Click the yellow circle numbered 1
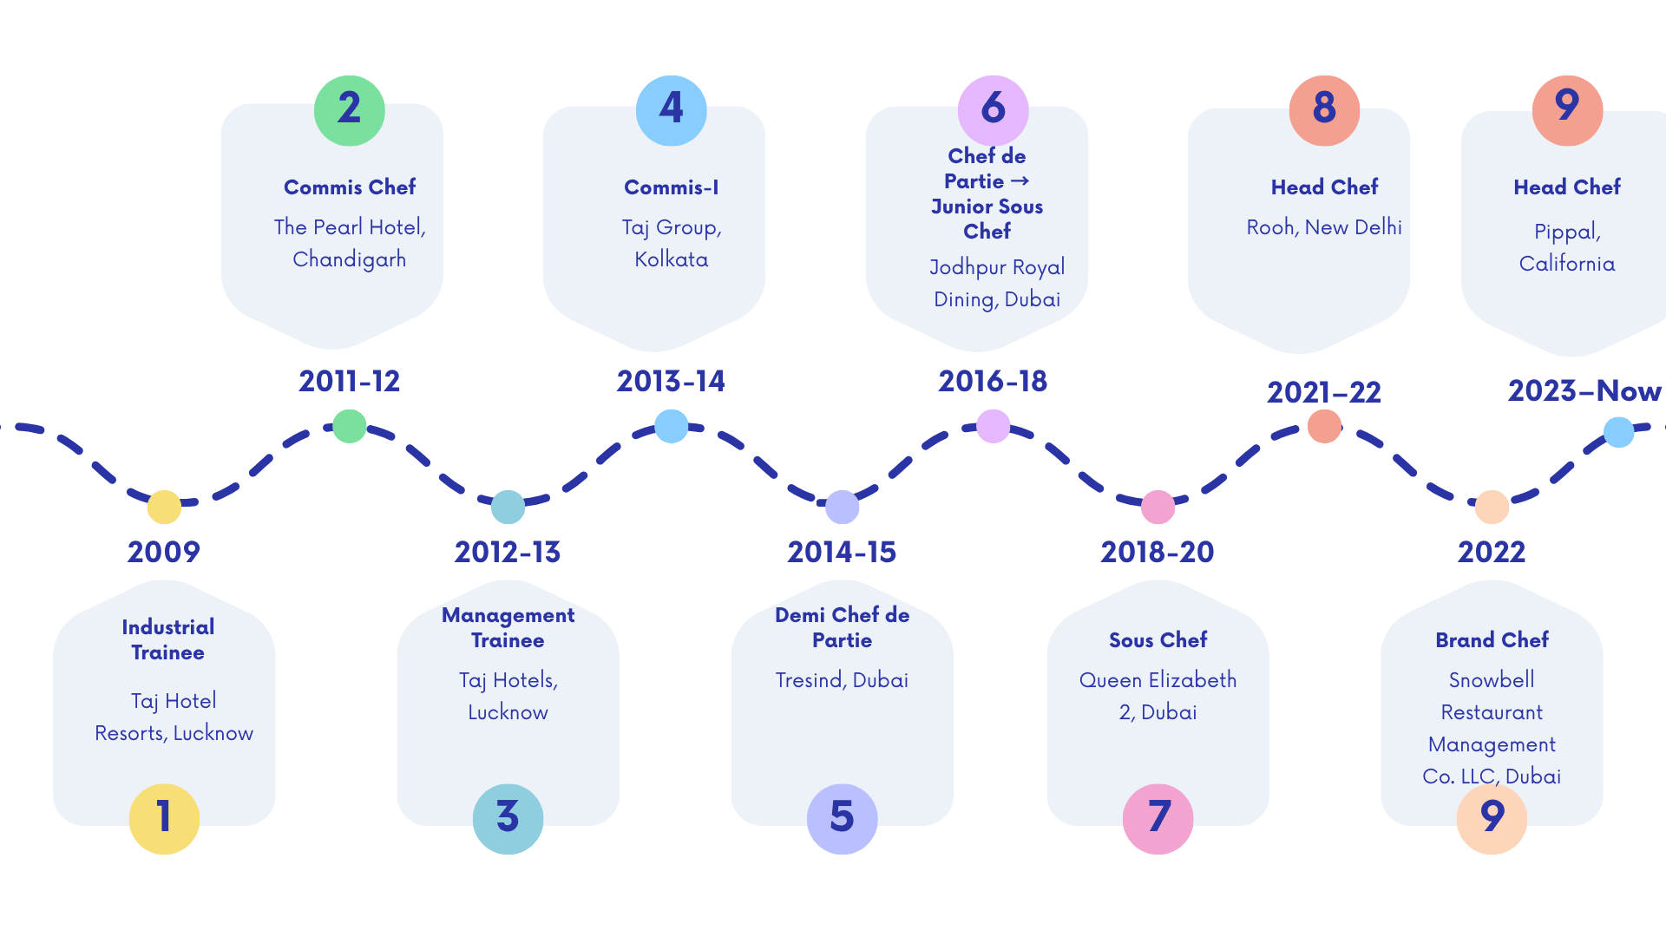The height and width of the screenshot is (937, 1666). point(164,818)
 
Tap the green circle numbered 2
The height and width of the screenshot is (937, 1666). point(349,110)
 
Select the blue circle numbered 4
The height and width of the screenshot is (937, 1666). point(671,110)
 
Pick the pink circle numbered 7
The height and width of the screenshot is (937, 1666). point(1158,818)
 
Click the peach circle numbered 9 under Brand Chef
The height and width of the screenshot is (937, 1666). point(1492,818)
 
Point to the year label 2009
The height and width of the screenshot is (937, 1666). point(163,552)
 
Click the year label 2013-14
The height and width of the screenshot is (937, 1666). point(671,381)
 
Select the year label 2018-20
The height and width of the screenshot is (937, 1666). point(1158,552)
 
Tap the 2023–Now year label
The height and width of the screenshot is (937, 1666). point(1584,391)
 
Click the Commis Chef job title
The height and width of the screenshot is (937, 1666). point(350,187)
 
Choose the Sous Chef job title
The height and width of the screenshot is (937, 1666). point(1158,639)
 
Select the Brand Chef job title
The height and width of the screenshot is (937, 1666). point(1492,639)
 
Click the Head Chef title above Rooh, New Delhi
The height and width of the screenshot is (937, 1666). point(1324,187)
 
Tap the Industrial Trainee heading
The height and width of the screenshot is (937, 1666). point(168,639)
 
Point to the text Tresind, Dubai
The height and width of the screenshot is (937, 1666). point(842,680)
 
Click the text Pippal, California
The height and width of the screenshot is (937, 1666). point(1567,247)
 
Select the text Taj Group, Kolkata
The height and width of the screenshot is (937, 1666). point(672,243)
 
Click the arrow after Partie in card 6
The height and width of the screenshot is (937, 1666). point(1020,181)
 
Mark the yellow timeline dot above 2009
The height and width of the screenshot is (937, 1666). point(164,507)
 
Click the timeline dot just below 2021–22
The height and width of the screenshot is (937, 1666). point(1324,426)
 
